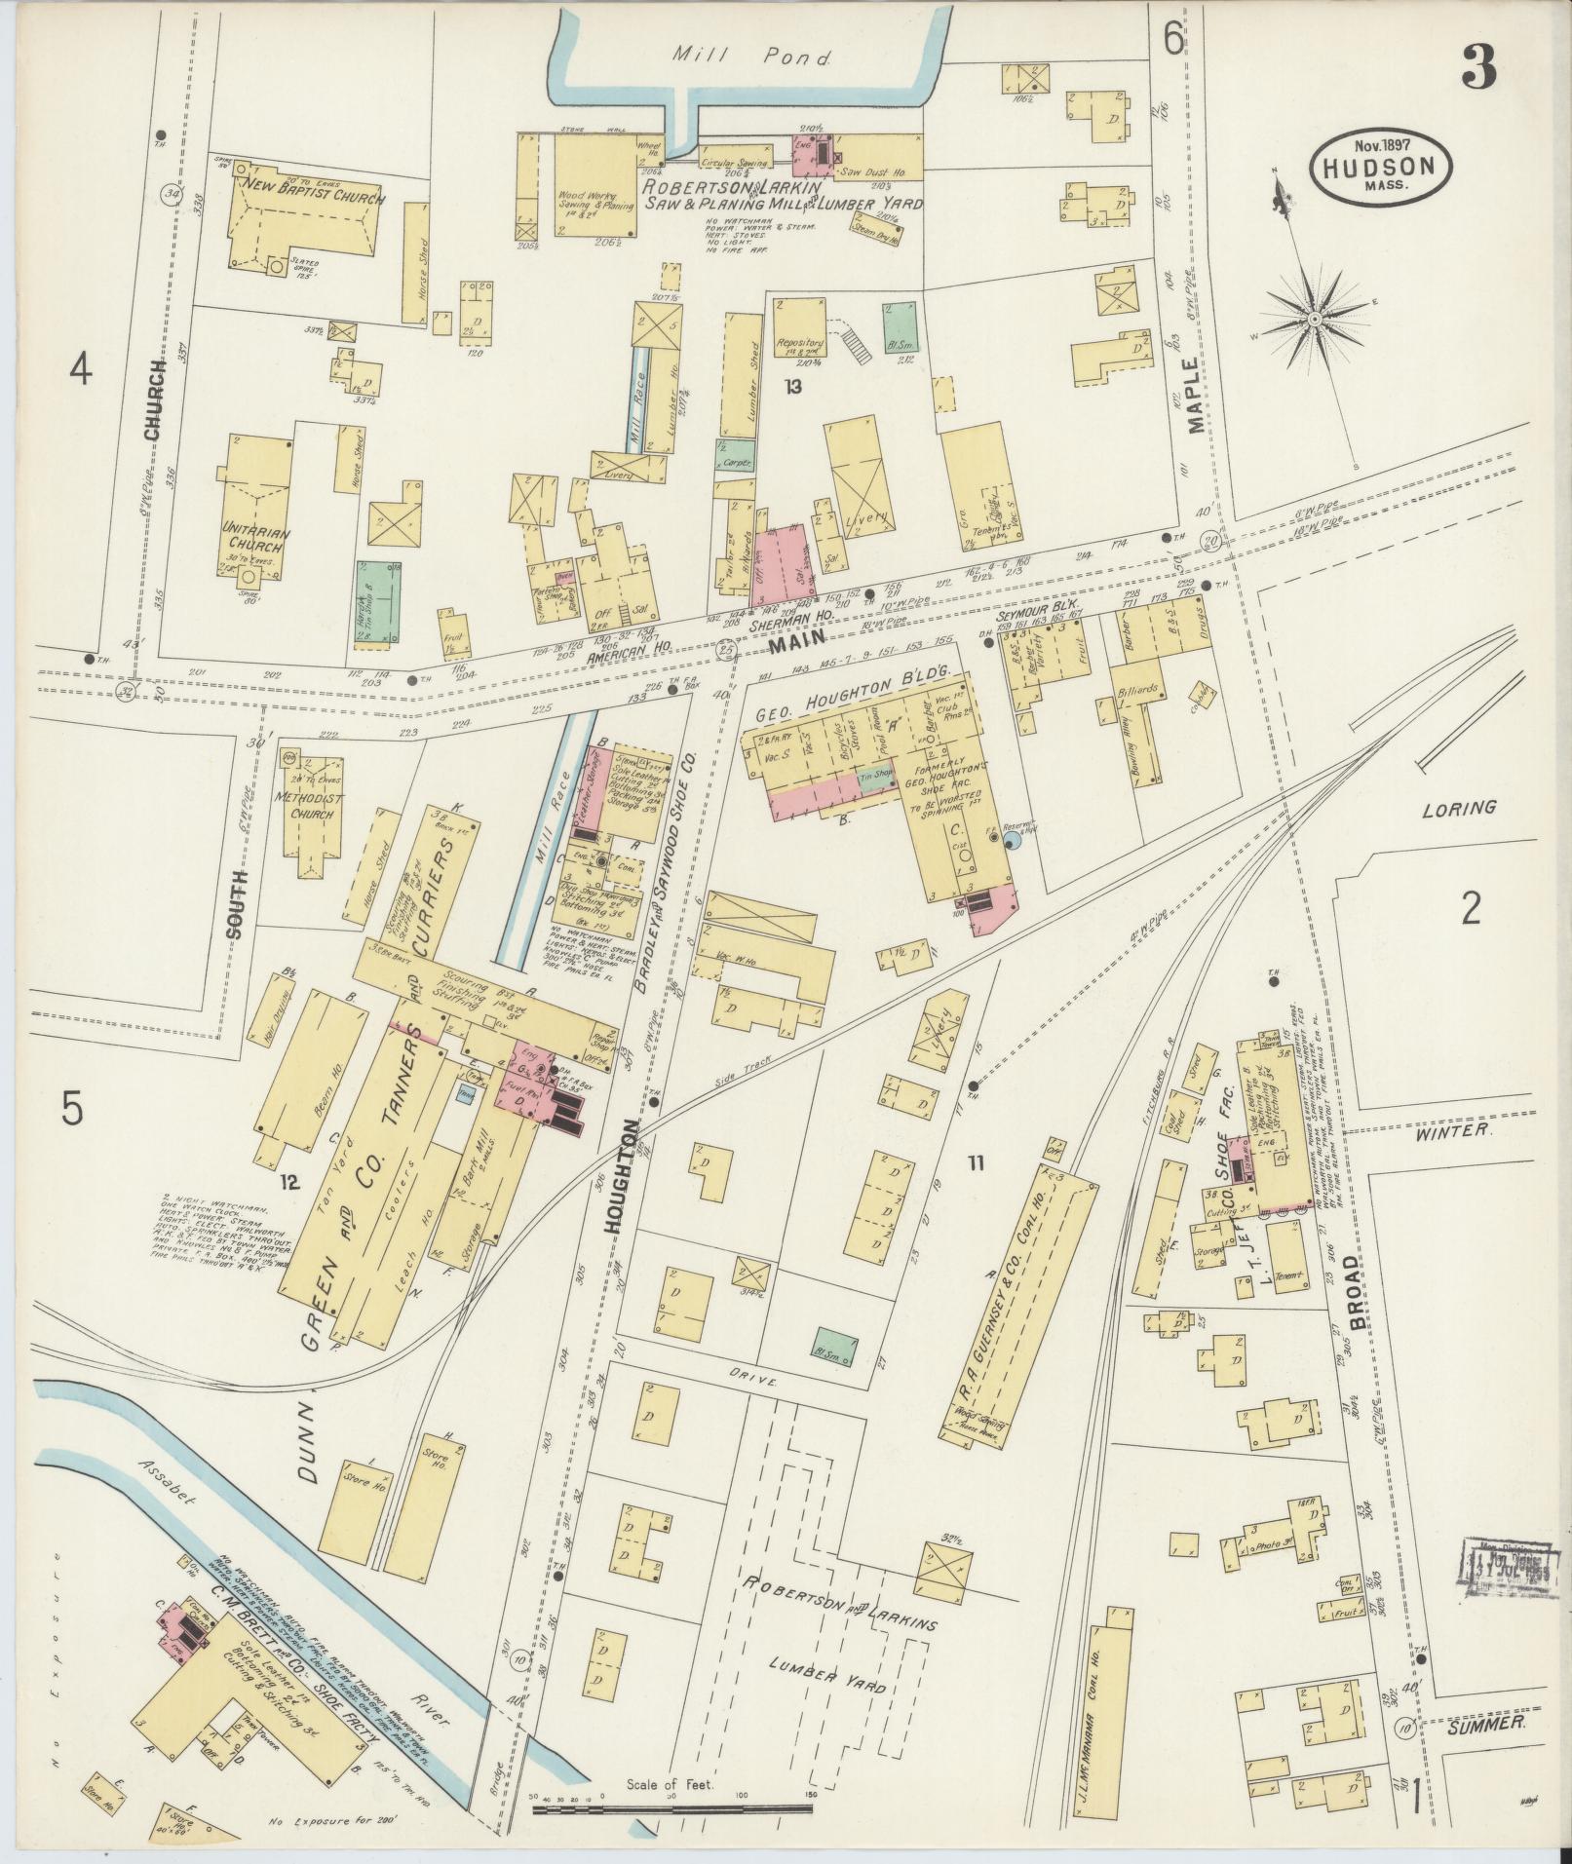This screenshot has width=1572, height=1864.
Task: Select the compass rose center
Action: (x=1316, y=319)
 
